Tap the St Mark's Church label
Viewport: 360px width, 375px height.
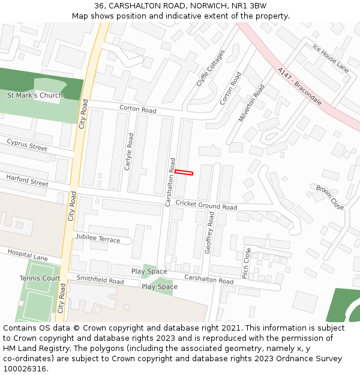coord(35,95)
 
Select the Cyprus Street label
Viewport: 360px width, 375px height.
coord(27,145)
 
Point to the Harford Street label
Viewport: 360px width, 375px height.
coord(27,180)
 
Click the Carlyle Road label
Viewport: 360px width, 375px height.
coord(128,152)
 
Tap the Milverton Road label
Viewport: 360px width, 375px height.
coord(251,103)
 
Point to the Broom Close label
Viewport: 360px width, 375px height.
coord(330,197)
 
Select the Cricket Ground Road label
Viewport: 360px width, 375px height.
coord(206,205)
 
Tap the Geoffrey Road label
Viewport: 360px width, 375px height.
coord(210,232)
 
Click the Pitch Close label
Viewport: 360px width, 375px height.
coord(246,263)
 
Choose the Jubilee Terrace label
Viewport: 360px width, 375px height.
coord(98,238)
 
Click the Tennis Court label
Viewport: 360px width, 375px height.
coord(40,278)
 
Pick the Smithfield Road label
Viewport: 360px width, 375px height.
coord(100,280)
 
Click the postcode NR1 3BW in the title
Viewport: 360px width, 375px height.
coord(246,6)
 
